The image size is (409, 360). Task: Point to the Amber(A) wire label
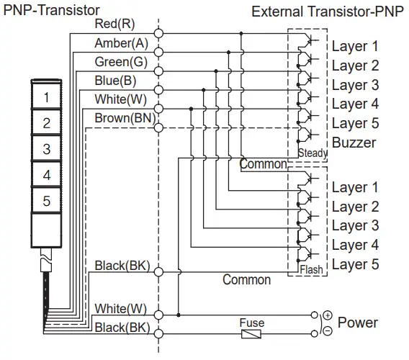[x=122, y=43]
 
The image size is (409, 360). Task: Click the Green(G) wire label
[x=122, y=62]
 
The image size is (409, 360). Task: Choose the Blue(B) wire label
[x=116, y=80]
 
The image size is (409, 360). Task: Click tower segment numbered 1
[x=46, y=98]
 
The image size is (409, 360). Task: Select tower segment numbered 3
[x=46, y=150]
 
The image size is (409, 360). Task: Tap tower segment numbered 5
[x=46, y=202]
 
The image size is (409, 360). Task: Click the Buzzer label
[x=354, y=143]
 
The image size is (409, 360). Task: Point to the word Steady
[x=312, y=153]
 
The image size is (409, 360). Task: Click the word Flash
[x=311, y=270]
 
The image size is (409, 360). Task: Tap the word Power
[x=358, y=322]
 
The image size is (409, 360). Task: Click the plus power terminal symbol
[x=328, y=315]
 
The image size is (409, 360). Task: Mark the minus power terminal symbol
[x=328, y=330]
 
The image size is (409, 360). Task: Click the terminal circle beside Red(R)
[x=158, y=33]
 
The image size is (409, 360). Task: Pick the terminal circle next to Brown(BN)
[x=158, y=127]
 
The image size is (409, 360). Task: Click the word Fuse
[x=251, y=323]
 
